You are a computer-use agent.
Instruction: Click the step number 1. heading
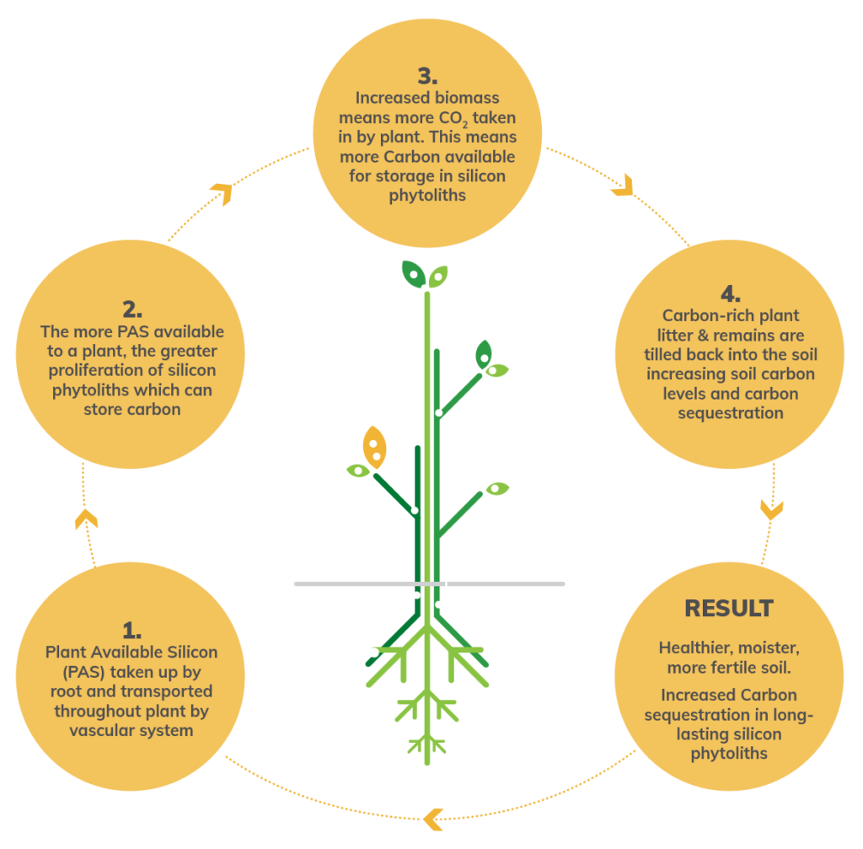[x=131, y=630]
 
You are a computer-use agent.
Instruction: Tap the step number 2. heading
[x=131, y=306]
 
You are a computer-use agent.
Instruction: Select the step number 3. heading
[x=427, y=76]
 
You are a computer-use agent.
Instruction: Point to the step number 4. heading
[x=731, y=293]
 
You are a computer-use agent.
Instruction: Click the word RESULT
[x=729, y=608]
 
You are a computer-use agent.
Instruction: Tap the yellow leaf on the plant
[x=374, y=446]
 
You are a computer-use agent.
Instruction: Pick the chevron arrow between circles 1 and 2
[x=86, y=519]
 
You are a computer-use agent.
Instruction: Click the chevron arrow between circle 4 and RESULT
[x=772, y=508]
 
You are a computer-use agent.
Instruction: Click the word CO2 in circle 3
[x=453, y=118]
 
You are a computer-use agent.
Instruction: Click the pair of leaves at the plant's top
[x=425, y=274]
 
